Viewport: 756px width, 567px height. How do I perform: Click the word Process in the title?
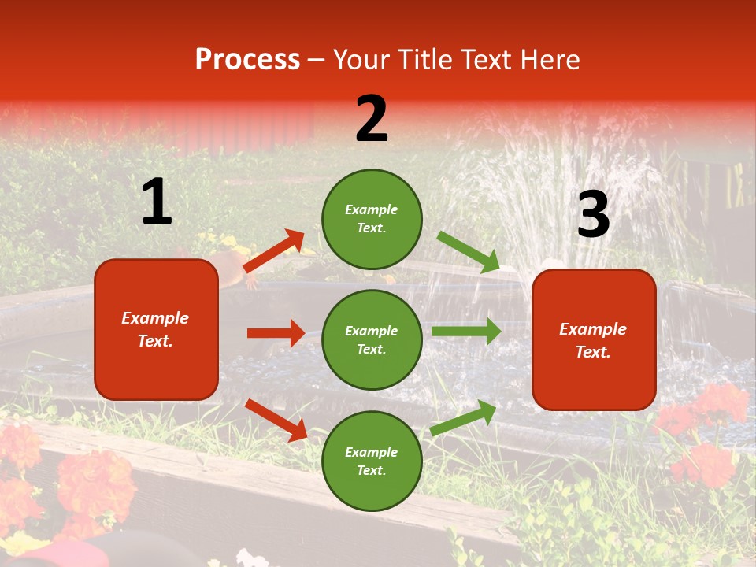pos(247,59)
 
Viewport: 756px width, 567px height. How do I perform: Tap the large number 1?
pos(157,202)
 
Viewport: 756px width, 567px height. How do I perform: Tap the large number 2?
pos(372,119)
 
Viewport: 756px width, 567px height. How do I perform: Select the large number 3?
pos(593,214)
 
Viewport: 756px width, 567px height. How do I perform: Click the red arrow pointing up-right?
pos(273,252)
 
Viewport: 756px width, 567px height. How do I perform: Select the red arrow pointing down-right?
pos(276,420)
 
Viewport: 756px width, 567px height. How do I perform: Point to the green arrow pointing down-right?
pos(469,252)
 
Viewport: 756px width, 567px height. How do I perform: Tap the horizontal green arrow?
pos(465,332)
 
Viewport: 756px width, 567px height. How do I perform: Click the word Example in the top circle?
pos(372,209)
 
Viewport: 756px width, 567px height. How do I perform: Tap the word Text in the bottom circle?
pos(370,471)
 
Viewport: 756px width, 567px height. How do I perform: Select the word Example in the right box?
pos(593,329)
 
